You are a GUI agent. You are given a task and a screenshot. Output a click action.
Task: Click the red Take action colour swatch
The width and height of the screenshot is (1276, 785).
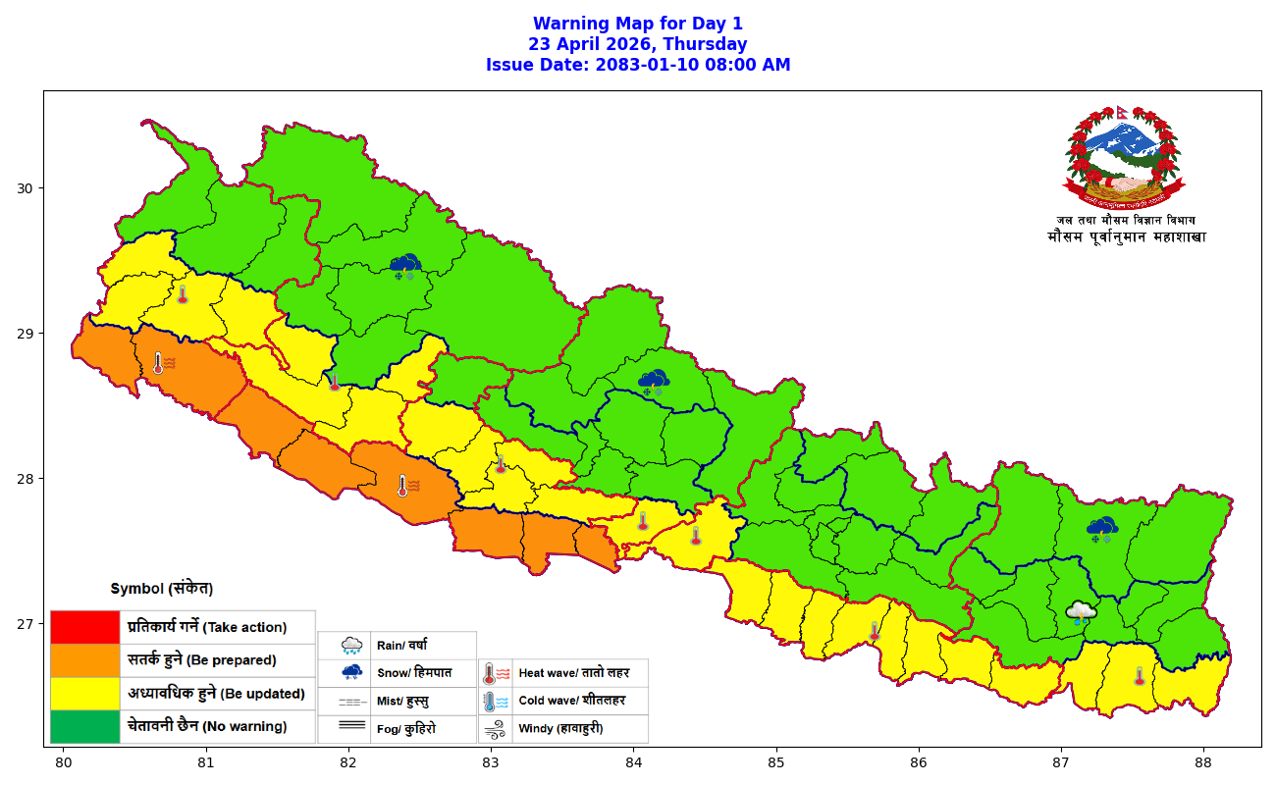85,627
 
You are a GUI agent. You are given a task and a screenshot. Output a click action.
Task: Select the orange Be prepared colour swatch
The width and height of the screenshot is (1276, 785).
85,660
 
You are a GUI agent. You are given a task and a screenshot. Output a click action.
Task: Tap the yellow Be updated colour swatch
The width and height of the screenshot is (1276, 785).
85,694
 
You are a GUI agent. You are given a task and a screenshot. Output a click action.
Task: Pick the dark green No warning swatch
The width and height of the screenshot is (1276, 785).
85,727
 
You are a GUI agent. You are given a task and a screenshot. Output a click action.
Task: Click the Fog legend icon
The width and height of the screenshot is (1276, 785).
352,727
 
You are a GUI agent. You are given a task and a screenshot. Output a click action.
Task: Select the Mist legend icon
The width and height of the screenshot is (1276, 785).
352,702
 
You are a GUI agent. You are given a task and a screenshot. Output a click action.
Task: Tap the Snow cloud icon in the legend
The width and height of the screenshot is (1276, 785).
352,673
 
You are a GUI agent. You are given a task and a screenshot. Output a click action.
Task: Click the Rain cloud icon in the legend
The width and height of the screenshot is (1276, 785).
352,646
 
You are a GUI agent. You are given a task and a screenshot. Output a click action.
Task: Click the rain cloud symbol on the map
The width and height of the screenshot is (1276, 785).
1081,613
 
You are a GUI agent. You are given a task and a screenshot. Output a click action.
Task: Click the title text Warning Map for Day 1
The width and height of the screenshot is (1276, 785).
638,24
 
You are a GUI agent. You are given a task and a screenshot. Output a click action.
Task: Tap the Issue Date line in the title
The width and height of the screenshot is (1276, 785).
638,65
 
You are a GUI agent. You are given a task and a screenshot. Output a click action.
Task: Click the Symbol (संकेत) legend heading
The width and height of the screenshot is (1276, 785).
161,589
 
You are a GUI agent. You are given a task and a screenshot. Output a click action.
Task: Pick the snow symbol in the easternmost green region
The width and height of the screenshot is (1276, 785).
1102,530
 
